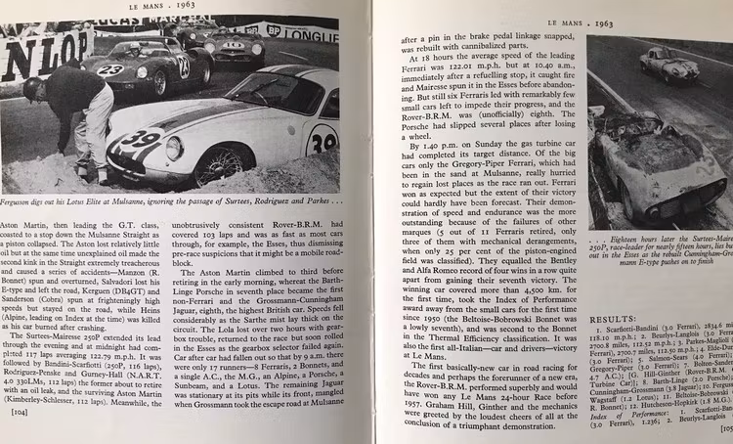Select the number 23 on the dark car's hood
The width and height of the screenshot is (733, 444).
110,70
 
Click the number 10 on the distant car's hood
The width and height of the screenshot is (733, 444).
232,45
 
